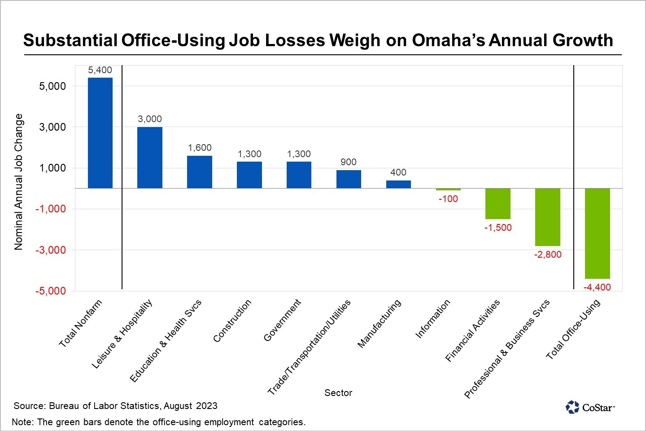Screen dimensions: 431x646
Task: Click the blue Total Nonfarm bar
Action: click(100, 133)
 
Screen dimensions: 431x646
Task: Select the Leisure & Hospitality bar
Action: click(150, 158)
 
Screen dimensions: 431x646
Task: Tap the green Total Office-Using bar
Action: click(597, 233)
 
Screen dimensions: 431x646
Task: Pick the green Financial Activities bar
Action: click(498, 203)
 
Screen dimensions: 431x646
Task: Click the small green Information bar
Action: click(448, 189)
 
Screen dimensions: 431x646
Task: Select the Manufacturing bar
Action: click(398, 184)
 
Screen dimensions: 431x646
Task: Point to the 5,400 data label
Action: click(100, 70)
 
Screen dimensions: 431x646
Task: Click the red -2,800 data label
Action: click(548, 255)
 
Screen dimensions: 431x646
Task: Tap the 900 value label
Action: click(349, 162)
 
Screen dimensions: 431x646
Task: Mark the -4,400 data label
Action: click(597, 287)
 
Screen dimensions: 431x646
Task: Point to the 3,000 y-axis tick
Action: click(52, 127)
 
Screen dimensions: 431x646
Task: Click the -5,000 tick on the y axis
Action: click(51, 291)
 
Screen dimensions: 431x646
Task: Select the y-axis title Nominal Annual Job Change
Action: click(18, 182)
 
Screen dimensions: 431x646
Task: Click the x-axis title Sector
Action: click(338, 393)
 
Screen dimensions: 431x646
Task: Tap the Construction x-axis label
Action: click(232, 321)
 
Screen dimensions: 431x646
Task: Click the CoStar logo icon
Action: click(572, 407)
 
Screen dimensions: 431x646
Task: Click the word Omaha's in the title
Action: click(448, 40)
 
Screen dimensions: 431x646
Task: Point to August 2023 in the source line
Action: click(191, 406)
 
